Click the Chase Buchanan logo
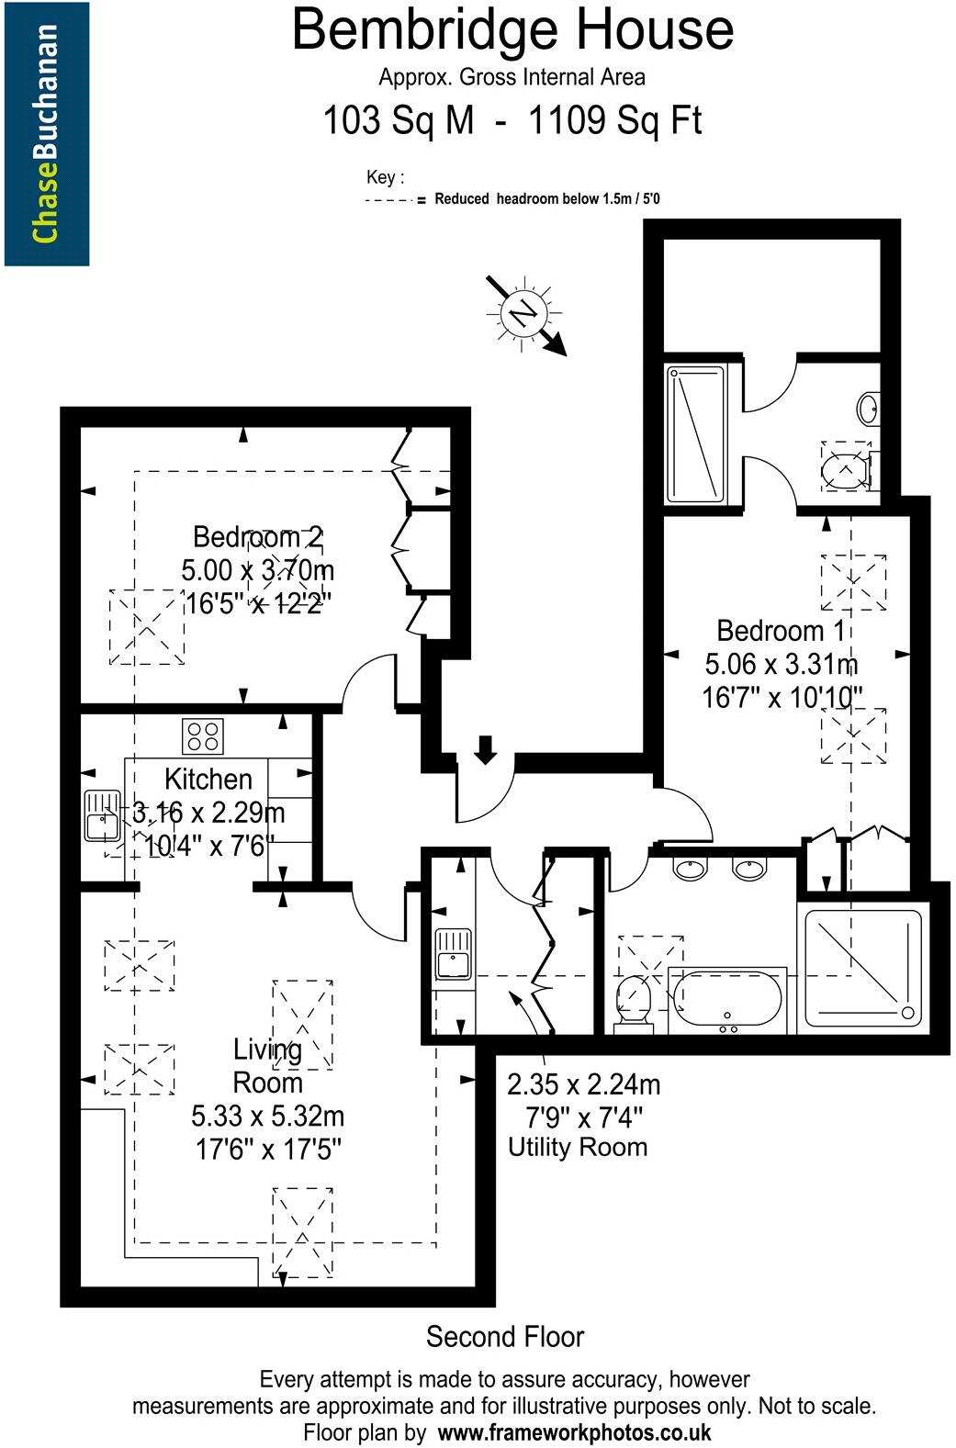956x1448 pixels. click(46, 133)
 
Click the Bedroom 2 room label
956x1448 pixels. click(257, 536)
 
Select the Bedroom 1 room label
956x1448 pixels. click(782, 631)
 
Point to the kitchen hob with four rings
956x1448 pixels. click(203, 735)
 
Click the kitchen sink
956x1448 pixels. click(102, 815)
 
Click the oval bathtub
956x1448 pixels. click(726, 998)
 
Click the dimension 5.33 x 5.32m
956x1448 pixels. click(267, 1117)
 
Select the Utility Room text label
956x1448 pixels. click(578, 1147)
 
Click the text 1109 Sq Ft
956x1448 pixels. click(614, 120)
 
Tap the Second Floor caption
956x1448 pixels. click(504, 1336)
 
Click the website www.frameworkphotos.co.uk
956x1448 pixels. click(574, 1431)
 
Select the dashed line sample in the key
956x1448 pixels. click(388, 199)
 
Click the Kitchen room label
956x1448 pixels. click(208, 779)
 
